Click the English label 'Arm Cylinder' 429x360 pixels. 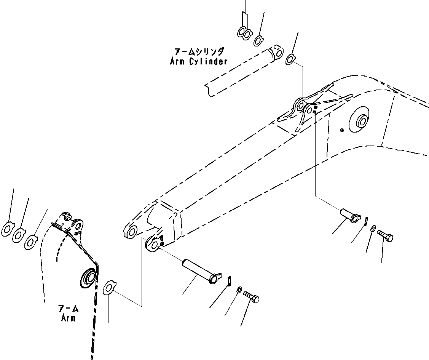(198, 61)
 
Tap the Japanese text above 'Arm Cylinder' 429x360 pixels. (198, 51)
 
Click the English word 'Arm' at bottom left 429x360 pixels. (68, 318)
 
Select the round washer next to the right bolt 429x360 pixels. (372, 228)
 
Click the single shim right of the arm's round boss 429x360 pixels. (110, 287)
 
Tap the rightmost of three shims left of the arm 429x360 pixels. (31, 242)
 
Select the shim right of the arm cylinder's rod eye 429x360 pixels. (290, 59)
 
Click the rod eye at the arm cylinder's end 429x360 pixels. (278, 52)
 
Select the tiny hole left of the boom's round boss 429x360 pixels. (341, 131)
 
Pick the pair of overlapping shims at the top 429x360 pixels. (244, 34)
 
